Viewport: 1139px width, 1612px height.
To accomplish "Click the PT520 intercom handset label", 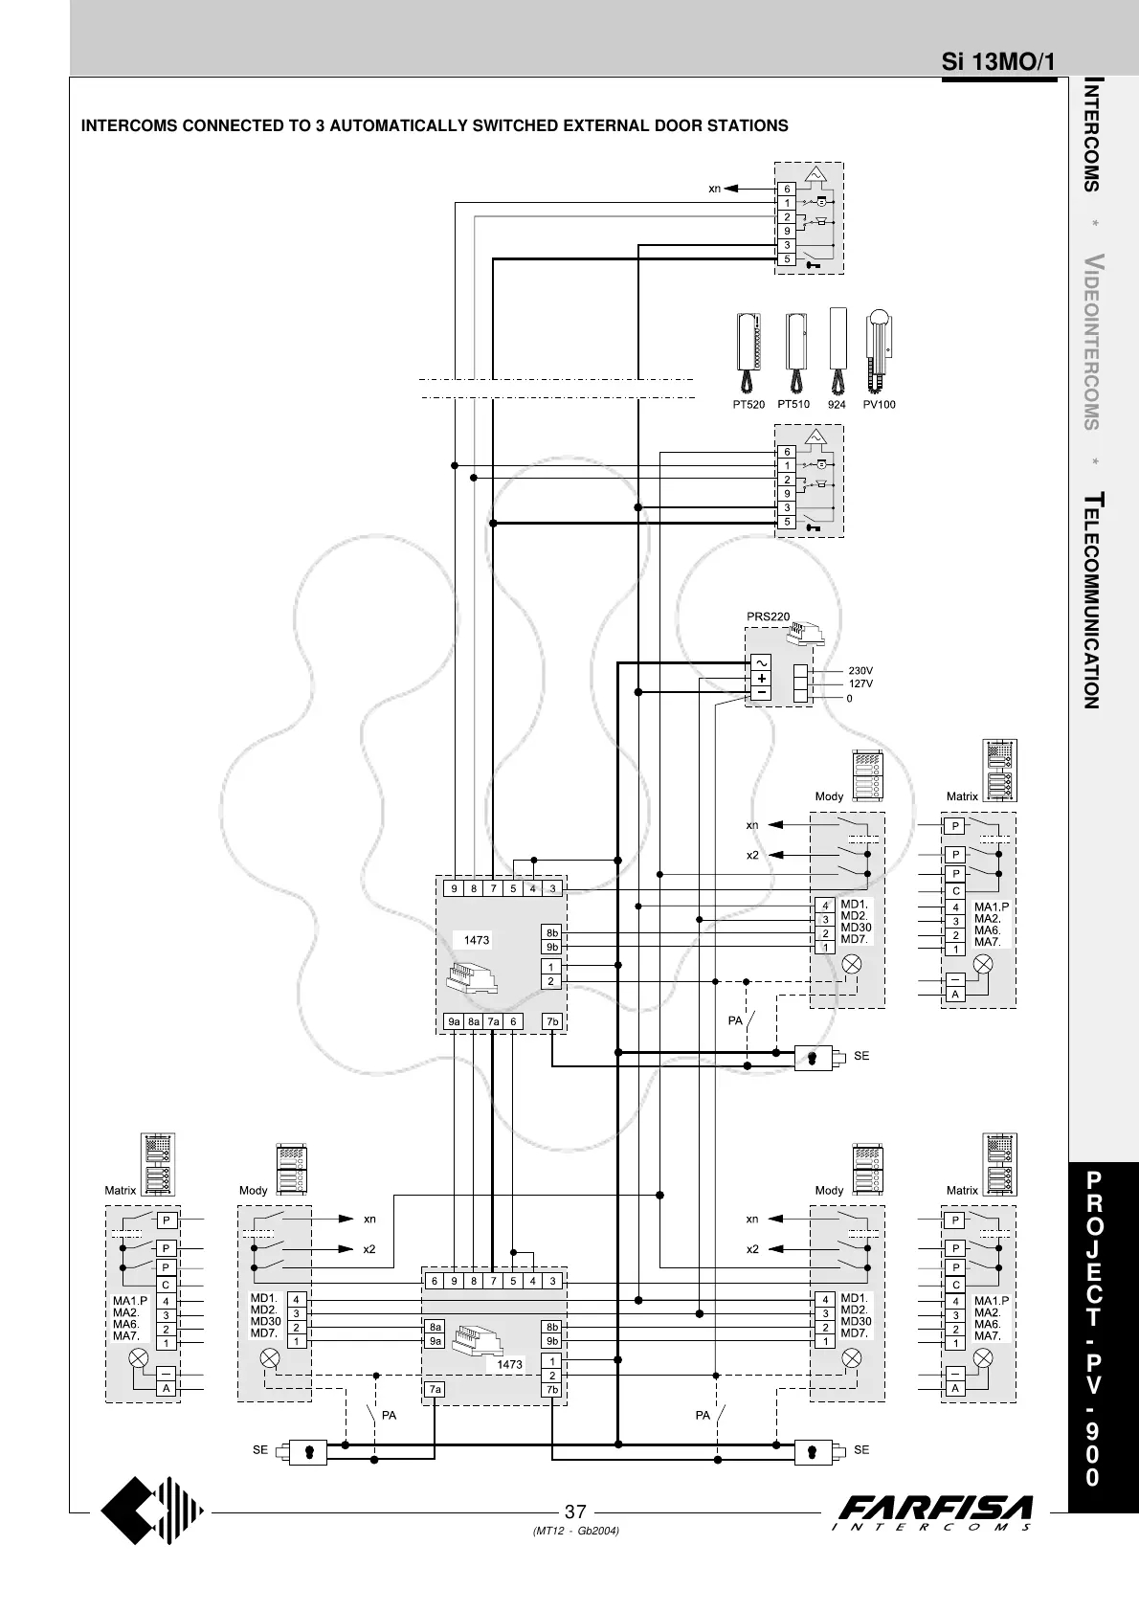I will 749,405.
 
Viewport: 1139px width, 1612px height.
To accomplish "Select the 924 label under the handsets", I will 837,405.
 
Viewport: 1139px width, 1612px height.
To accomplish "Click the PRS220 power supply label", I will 768,616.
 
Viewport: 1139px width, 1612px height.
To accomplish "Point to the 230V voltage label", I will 860,671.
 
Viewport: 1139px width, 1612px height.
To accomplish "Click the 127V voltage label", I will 860,683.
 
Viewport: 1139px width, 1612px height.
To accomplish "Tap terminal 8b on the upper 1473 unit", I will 551,932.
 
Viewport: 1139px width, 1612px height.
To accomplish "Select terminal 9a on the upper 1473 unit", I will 455,1021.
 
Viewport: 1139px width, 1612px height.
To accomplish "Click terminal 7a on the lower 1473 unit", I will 435,1389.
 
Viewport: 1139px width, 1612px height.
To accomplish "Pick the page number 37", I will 575,1512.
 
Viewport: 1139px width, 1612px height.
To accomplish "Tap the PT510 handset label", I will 793,405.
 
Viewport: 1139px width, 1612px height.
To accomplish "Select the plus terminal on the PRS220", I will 761,678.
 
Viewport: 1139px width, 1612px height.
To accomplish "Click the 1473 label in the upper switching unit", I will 476,940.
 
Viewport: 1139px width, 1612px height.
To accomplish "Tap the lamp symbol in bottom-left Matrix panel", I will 140,1357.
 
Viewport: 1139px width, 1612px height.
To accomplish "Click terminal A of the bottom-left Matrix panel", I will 166,1388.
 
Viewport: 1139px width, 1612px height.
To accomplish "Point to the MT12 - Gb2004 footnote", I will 575,1532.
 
